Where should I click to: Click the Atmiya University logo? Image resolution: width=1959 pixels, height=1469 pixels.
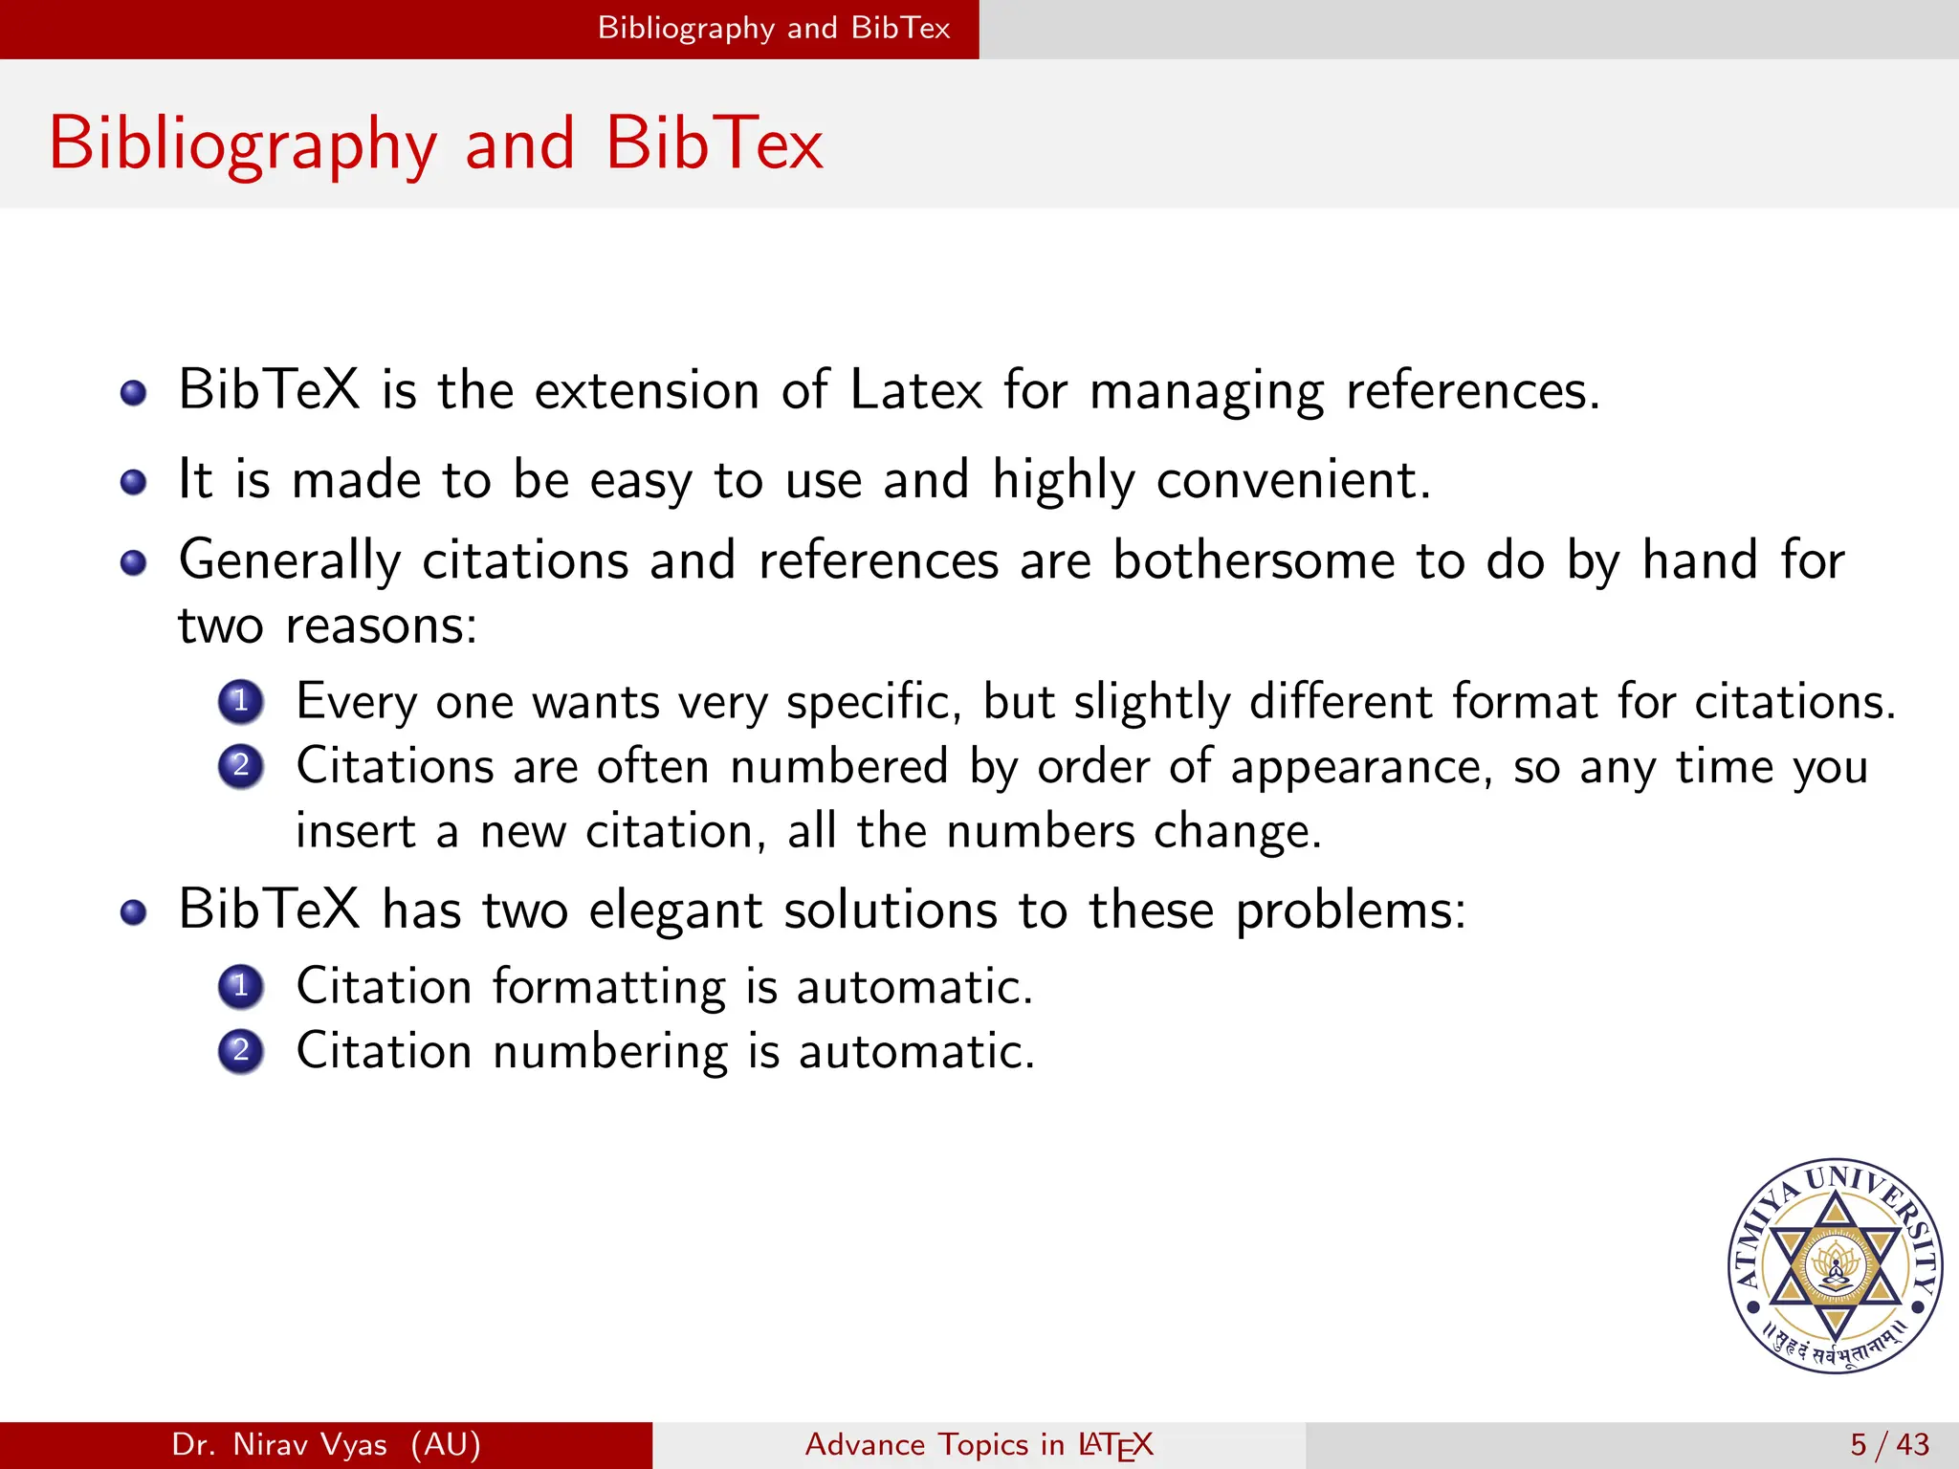pos(1835,1266)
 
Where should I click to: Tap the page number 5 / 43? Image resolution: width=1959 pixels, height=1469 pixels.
pos(1889,1444)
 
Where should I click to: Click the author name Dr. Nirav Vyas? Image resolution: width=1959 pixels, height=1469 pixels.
pos(279,1444)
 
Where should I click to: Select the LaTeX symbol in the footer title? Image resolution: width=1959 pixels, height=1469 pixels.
pos(1115,1445)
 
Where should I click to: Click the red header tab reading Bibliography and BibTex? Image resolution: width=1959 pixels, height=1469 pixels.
pos(773,29)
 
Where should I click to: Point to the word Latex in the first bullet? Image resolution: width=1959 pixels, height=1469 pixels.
pos(915,391)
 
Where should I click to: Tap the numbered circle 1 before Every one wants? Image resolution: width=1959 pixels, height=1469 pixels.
pos(241,701)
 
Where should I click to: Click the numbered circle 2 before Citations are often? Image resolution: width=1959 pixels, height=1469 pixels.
pos(241,766)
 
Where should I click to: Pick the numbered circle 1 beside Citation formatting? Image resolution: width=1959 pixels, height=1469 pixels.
pos(241,986)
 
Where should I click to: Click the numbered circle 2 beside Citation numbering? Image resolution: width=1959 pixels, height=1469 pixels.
pos(241,1051)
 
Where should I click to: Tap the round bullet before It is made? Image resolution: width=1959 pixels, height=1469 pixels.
pos(134,481)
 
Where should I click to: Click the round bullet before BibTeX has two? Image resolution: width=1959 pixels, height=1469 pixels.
pos(134,911)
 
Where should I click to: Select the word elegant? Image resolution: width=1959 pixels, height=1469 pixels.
pos(674,910)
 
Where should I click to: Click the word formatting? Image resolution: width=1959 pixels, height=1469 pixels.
pos(609,986)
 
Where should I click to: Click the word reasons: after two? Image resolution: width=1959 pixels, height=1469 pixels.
pos(381,626)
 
